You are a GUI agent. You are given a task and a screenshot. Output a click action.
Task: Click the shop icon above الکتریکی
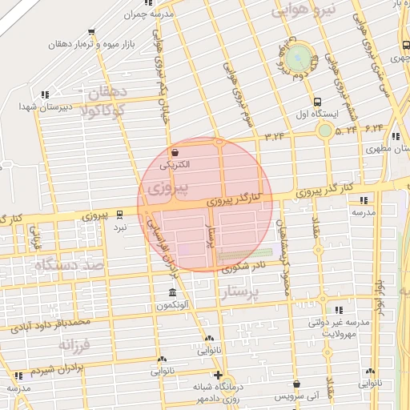click(x=175, y=152)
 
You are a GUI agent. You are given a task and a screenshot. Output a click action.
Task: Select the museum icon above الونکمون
click(x=172, y=292)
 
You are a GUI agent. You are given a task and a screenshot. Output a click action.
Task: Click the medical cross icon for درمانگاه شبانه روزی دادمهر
click(x=217, y=375)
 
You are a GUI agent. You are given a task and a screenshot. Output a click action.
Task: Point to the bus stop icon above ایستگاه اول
click(x=319, y=102)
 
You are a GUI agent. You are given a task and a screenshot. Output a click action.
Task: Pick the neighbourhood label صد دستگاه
click(x=70, y=263)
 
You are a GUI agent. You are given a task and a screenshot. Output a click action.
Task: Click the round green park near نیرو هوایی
click(x=298, y=57)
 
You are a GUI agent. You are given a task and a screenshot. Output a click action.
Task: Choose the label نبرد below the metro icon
click(x=119, y=228)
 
